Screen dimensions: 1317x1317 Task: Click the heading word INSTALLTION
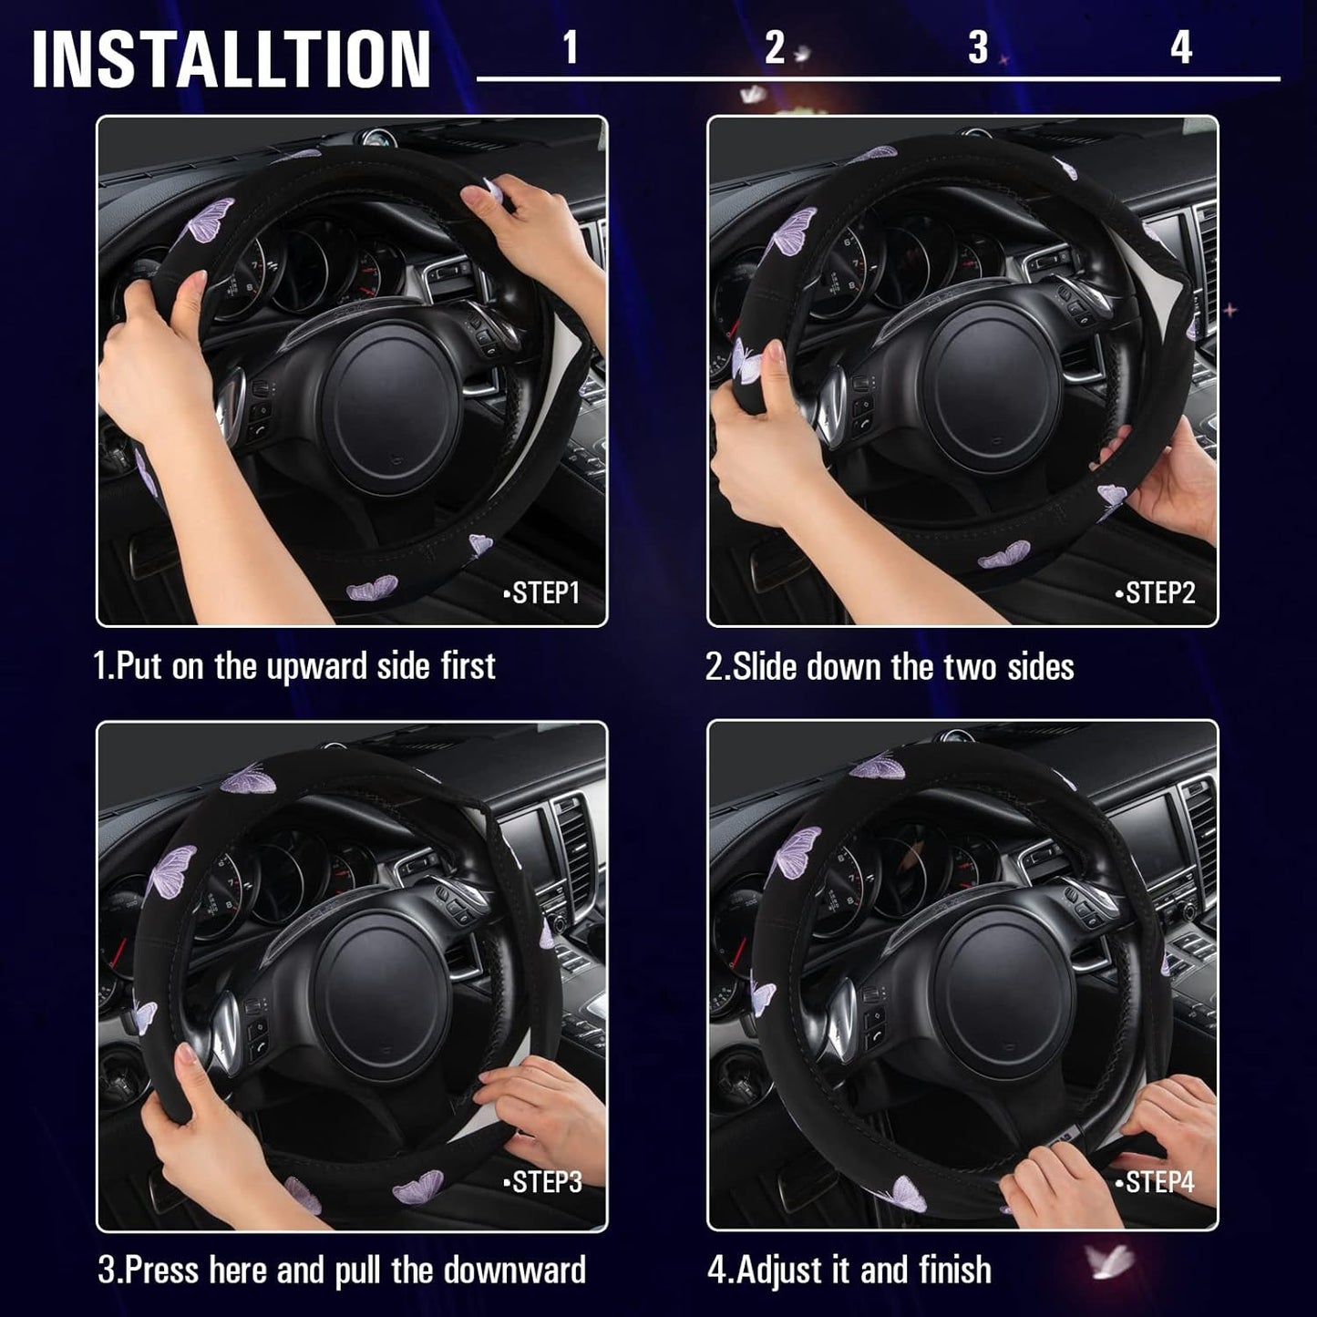(231, 59)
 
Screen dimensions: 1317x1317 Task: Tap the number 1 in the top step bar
(571, 47)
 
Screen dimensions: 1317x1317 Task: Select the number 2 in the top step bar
(774, 47)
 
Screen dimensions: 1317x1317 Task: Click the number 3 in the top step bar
(977, 47)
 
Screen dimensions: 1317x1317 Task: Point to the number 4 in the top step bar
(1181, 47)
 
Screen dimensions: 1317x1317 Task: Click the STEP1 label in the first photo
(543, 593)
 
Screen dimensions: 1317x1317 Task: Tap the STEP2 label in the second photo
(1157, 593)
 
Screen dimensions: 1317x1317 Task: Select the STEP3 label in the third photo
(544, 1182)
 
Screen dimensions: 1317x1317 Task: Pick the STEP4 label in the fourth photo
(1157, 1182)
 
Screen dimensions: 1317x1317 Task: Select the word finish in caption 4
(956, 1270)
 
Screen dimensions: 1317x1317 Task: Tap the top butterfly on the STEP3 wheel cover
(248, 779)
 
